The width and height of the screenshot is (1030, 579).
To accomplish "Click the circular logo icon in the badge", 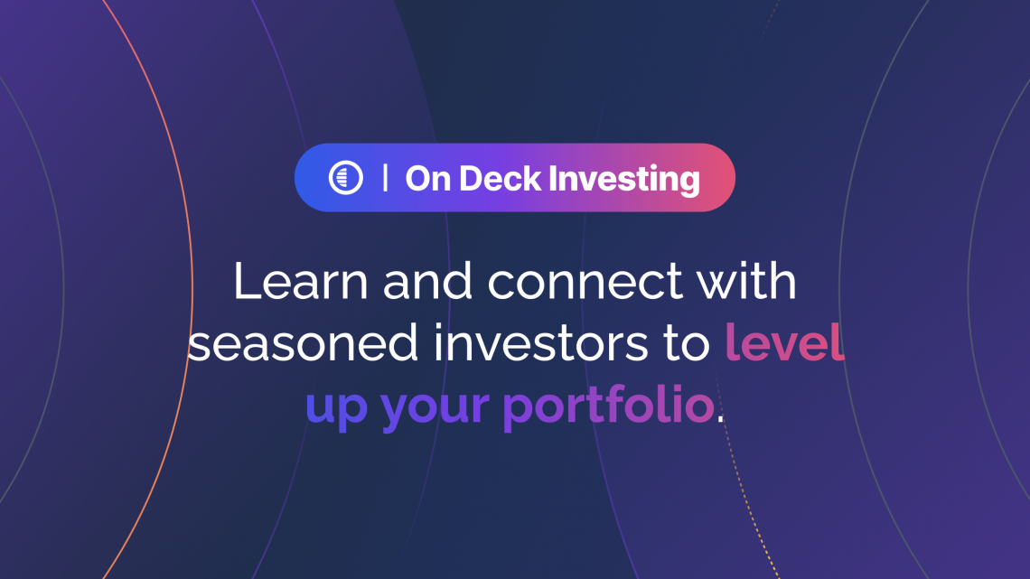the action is (x=345, y=177).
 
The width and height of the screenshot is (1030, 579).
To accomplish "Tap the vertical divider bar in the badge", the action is (x=385, y=178).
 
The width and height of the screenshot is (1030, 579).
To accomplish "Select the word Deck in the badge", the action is (x=500, y=179).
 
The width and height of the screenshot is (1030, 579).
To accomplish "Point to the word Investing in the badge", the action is (x=624, y=180).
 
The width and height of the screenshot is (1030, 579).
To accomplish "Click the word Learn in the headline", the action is (x=300, y=281).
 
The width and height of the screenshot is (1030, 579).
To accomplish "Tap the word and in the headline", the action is (x=427, y=281).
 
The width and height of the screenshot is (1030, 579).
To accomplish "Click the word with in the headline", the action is (x=747, y=281).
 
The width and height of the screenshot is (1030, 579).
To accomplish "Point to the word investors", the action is (x=540, y=342).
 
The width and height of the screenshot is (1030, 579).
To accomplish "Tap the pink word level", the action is (x=784, y=341).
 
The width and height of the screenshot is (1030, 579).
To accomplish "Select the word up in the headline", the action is (x=336, y=408).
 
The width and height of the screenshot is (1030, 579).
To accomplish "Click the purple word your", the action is (x=435, y=408).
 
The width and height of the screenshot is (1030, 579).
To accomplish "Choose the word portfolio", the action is (x=608, y=404).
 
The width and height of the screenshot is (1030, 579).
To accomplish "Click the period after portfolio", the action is (x=721, y=420).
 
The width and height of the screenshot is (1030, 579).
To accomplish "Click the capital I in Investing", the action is (x=553, y=179).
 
